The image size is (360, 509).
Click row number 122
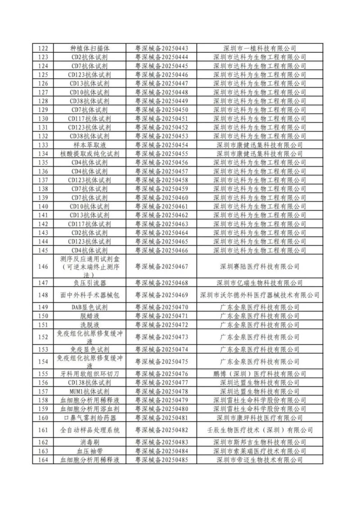(43, 48)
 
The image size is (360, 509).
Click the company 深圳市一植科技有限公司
(260, 48)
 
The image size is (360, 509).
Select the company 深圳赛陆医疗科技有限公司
(260, 266)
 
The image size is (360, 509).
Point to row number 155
(43, 374)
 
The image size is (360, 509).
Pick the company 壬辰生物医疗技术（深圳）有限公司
(260, 430)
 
